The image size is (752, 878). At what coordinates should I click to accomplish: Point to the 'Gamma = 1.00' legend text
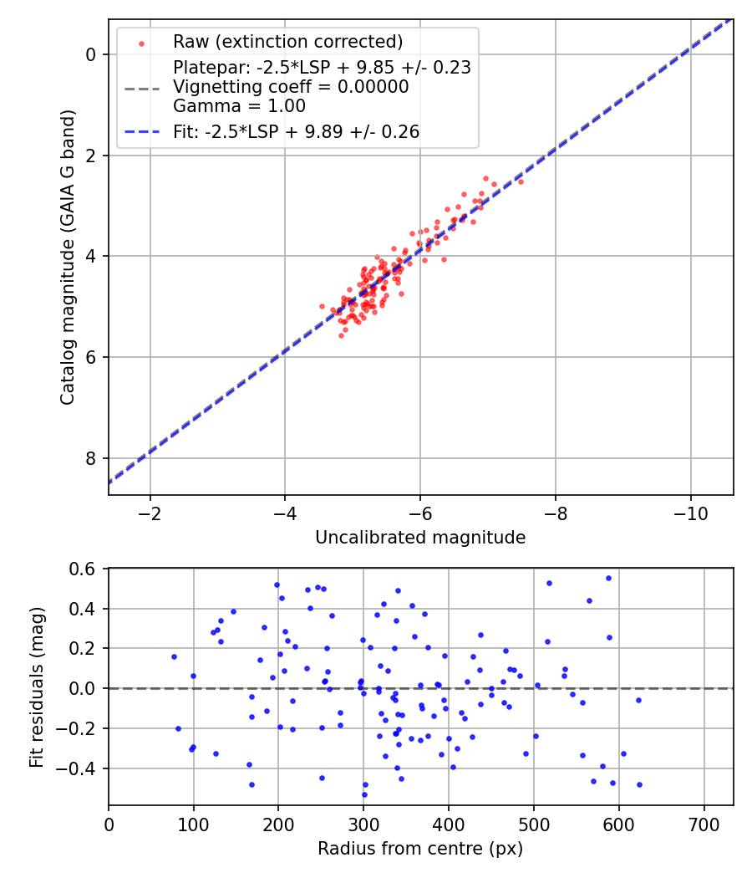coord(239,106)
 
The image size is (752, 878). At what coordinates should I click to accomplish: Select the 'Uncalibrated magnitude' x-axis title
coord(420,538)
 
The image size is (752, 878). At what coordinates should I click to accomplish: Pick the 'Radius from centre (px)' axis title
coord(420,849)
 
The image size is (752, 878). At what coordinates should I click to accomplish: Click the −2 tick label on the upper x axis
coord(150,512)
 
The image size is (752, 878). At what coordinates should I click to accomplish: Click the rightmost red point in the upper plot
coord(521,181)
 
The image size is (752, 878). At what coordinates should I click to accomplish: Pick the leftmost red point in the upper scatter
coord(322,306)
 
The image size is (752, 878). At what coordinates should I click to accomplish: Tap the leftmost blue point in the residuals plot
coord(174,656)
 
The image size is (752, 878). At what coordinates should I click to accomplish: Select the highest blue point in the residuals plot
coord(608,578)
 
